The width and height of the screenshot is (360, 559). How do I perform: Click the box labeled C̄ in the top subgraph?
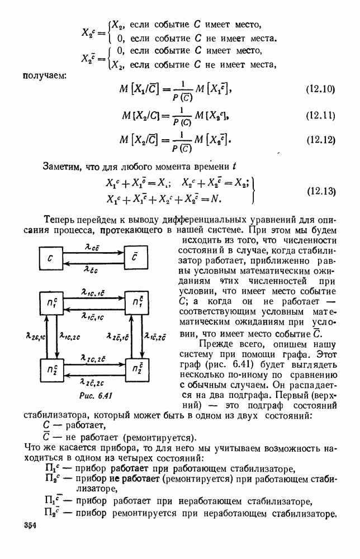click(x=136, y=259)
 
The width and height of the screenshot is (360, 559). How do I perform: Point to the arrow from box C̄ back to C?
click(x=93, y=266)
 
